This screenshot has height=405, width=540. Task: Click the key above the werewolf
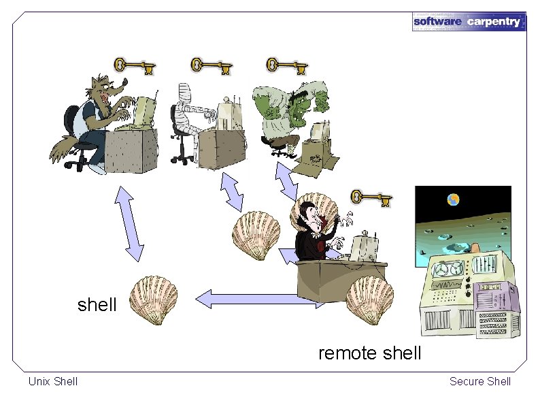coord(134,65)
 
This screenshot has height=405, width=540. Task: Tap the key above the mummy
coord(211,65)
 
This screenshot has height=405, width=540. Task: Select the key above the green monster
coord(286,65)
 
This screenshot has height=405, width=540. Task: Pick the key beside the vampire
coord(371,198)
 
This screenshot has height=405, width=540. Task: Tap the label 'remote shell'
coord(369,353)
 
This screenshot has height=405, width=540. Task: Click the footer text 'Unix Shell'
coord(53,381)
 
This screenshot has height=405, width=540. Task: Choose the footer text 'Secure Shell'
coord(479,381)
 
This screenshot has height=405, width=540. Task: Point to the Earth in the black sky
coord(453,199)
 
